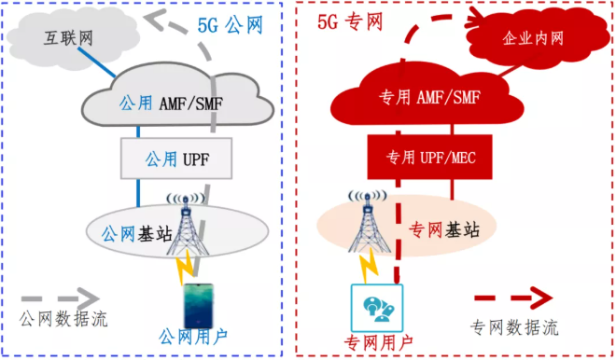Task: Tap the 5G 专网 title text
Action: (x=346, y=17)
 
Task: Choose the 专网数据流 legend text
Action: (x=512, y=326)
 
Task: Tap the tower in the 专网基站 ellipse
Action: (x=368, y=224)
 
